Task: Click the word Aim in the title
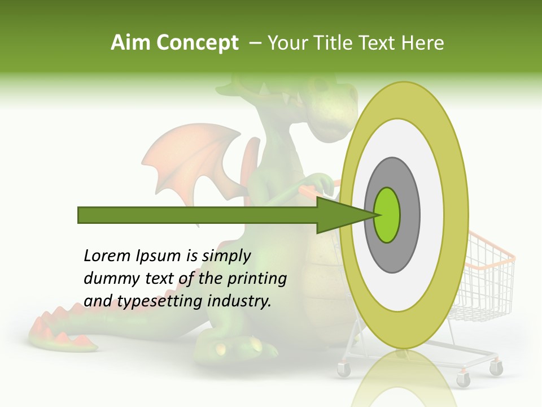tap(131, 43)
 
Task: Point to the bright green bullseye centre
tap(387, 215)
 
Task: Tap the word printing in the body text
tap(256, 279)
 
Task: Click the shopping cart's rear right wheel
tap(496, 369)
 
